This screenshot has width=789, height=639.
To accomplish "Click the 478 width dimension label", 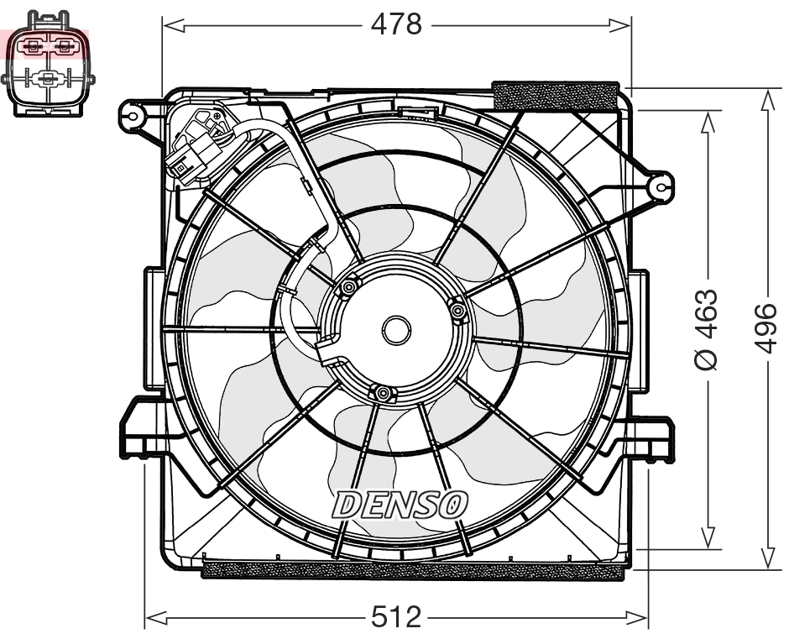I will [x=396, y=25].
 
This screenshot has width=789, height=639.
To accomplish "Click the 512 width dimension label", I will [x=396, y=619].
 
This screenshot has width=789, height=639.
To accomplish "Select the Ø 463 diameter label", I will [x=707, y=329].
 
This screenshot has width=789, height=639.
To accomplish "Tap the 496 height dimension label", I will [x=766, y=329].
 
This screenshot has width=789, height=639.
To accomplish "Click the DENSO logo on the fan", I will [x=400, y=504].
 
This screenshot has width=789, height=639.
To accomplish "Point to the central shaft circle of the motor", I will [x=396, y=329].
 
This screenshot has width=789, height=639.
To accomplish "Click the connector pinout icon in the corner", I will [x=48, y=63].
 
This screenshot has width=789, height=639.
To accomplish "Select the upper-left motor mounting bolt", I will [x=346, y=289].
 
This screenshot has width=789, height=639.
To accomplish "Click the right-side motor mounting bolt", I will [x=458, y=312].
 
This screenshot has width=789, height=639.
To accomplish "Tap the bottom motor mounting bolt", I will [x=383, y=393].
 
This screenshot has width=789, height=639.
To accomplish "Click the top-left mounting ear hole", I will [x=132, y=113].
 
